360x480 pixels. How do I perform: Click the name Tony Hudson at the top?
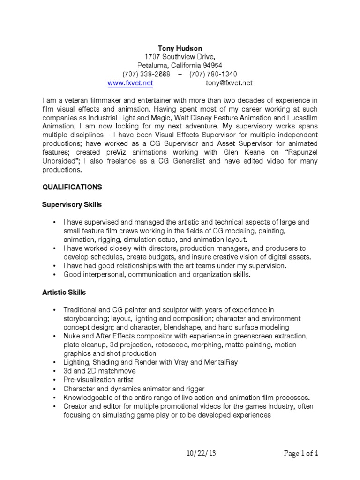180,48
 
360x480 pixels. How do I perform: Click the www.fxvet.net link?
130,83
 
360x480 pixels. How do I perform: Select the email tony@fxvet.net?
229,83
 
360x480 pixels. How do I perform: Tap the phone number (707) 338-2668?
146,74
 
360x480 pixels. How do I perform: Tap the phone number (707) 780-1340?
213,74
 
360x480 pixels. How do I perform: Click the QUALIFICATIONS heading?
72,187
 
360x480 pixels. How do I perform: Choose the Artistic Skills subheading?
64,292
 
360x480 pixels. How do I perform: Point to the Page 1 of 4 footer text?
301,453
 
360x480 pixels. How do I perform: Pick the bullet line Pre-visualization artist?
98,379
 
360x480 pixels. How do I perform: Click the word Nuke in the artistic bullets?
72,336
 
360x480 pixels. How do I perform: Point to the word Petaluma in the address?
152,65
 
